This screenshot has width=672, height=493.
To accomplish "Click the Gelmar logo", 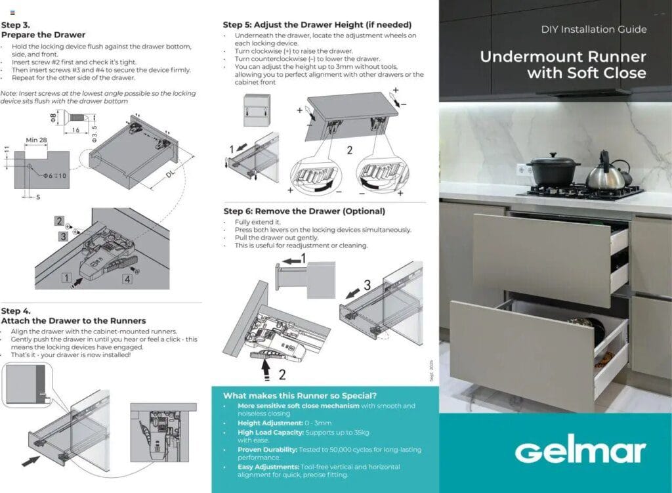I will [579, 452].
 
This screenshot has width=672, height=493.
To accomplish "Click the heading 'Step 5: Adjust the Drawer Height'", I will [318, 24].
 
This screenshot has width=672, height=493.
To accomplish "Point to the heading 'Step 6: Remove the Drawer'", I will [304, 211].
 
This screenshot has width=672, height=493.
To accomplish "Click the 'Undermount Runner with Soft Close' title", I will [562, 64].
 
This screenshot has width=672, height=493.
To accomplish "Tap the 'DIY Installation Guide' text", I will [593, 30].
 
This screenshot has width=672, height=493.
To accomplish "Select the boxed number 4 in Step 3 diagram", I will [127, 278].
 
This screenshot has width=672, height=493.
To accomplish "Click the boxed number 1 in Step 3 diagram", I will [66, 278].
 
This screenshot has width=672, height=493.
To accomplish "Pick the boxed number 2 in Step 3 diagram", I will [60, 222].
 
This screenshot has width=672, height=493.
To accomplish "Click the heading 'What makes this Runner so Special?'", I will [300, 396].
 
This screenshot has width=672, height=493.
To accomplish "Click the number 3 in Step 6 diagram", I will [367, 285].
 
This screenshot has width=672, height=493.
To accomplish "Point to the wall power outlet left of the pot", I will [521, 169].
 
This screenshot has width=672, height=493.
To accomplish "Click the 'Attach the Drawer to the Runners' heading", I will [73, 321].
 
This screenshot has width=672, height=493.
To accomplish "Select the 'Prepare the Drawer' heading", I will [43, 35].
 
